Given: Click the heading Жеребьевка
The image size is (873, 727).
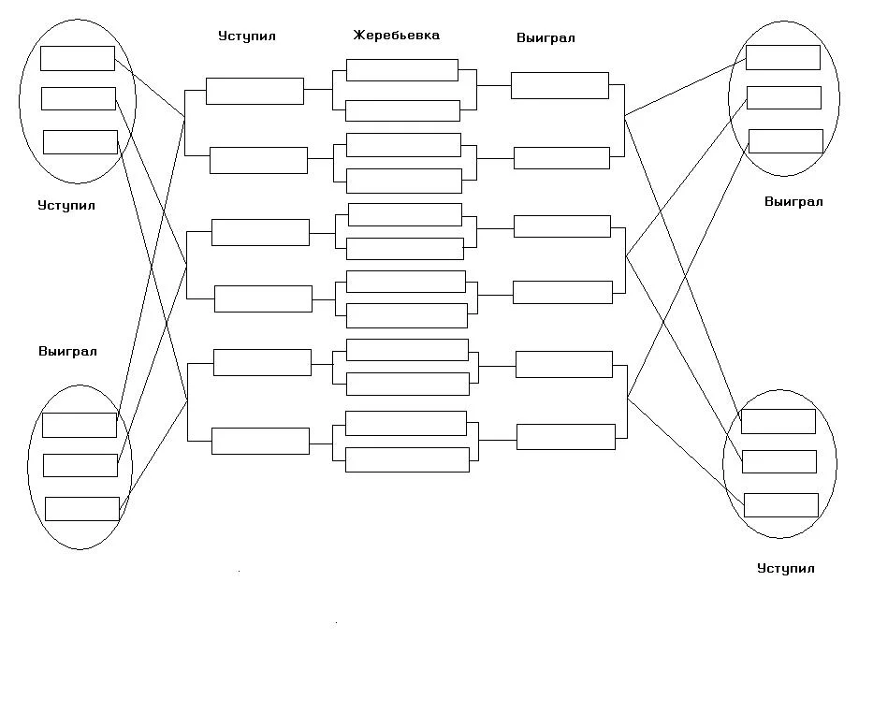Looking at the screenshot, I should tap(396, 36).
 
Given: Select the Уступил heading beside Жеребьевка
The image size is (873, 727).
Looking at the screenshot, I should tap(247, 36).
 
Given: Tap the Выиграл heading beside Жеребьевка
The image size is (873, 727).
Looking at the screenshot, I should tap(546, 38).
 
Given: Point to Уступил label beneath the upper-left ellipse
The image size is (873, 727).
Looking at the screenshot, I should tap(66, 205).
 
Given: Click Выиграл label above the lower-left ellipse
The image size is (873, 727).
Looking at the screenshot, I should tap(67, 352).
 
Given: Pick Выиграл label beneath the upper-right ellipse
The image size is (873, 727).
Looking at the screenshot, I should tap(793, 201).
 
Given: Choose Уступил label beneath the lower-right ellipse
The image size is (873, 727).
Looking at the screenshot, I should tap(786, 568).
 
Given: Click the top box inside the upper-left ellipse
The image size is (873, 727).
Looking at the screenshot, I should tap(78, 58).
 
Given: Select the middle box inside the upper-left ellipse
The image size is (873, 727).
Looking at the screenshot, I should tap(79, 98).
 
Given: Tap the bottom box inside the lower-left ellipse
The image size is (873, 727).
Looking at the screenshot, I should tap(82, 509).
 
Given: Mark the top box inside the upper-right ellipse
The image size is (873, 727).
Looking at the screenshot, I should tap(783, 57).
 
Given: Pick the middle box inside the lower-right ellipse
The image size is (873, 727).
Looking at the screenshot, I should tap(778, 461).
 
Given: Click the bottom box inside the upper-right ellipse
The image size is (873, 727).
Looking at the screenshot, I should tap(786, 141).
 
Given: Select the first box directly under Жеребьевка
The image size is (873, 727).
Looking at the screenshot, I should tap(402, 70).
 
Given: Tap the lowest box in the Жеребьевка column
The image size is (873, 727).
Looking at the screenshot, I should tap(407, 459).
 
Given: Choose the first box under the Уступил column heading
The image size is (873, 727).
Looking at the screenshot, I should tap(255, 91).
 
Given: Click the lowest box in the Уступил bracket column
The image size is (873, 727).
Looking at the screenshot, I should tap(260, 441).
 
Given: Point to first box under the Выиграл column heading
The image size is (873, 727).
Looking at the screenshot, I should tap(560, 85).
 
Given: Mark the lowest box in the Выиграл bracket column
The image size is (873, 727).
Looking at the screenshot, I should tap(566, 437).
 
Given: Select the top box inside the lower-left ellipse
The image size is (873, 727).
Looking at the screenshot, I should tap(80, 425).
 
